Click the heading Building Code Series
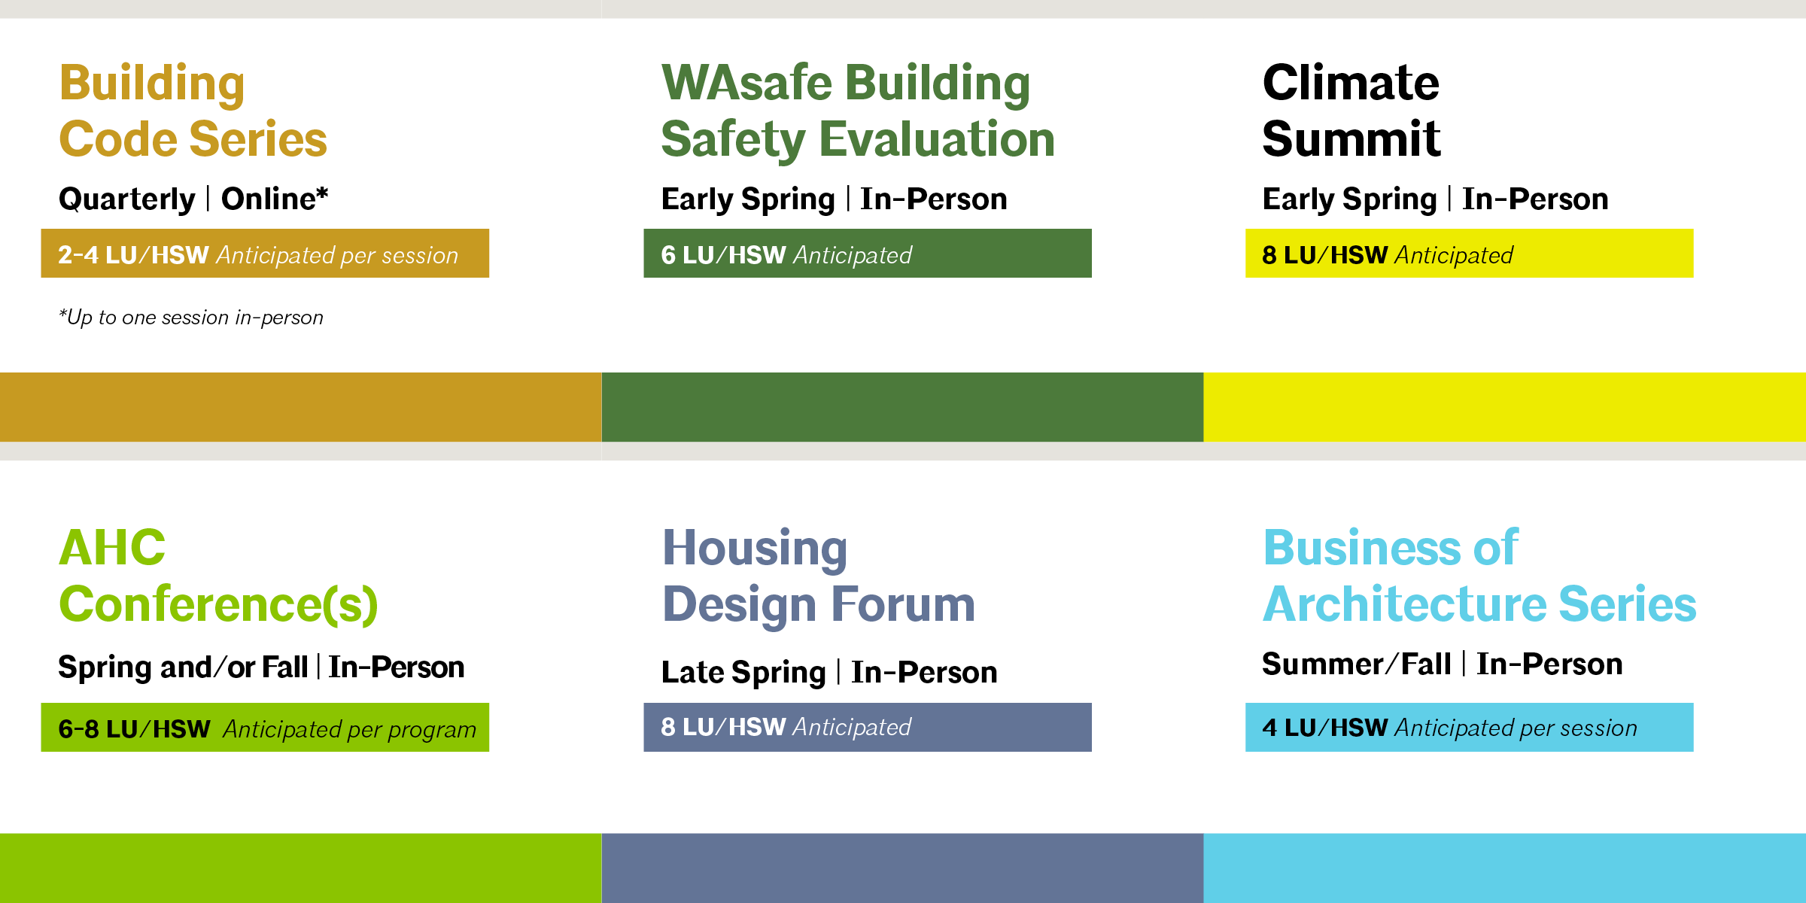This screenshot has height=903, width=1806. (x=193, y=111)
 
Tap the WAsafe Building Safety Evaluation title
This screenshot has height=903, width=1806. (x=858, y=111)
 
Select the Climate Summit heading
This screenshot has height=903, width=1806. (x=1351, y=111)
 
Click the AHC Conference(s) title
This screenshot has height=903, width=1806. (x=218, y=576)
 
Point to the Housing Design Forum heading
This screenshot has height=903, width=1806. (x=819, y=577)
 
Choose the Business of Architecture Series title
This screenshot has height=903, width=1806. (x=1479, y=576)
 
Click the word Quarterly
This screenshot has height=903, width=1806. (x=127, y=199)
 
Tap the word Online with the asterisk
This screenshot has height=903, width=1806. (x=275, y=199)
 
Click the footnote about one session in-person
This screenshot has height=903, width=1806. (x=191, y=318)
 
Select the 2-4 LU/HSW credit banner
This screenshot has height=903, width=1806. (x=265, y=254)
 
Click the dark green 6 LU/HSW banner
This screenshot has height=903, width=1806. (x=868, y=254)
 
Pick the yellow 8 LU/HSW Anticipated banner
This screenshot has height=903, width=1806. (x=1470, y=254)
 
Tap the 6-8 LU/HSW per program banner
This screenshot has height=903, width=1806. (x=265, y=728)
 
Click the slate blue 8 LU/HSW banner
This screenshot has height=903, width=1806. (x=868, y=728)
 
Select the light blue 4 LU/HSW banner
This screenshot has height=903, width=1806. (x=1470, y=728)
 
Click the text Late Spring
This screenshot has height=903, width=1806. (x=743, y=673)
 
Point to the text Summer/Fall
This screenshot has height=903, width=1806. (x=1356, y=664)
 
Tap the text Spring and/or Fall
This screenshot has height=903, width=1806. (x=183, y=667)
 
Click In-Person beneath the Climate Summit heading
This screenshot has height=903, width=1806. (x=1535, y=199)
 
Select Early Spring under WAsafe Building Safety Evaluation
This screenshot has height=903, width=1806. (x=748, y=199)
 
